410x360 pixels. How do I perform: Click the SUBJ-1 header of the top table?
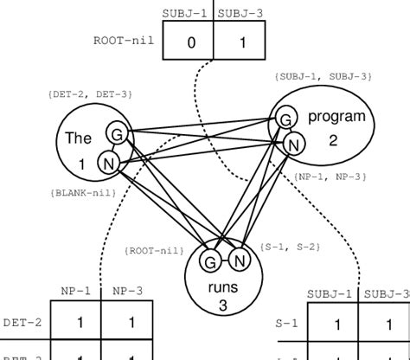tap(188, 13)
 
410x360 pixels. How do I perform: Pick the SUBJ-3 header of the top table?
tap(240, 13)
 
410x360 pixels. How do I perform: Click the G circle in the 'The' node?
tap(116, 133)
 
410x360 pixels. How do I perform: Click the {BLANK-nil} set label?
tap(78, 196)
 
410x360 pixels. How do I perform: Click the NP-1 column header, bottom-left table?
tap(75, 292)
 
